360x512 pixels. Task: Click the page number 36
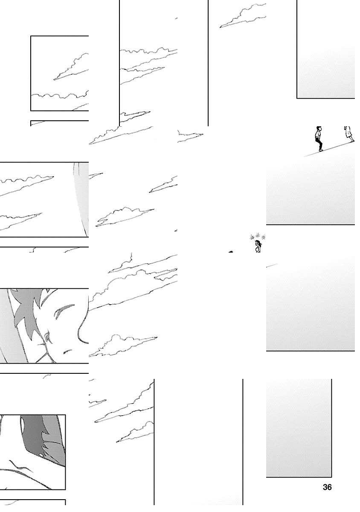coord(327,487)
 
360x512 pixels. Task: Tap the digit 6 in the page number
coord(329,487)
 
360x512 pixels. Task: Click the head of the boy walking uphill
coord(319,129)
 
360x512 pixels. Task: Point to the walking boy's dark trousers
coord(319,143)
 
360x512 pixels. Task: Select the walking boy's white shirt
coord(318,134)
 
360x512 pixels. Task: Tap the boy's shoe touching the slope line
coord(321,150)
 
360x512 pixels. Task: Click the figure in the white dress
coord(349,134)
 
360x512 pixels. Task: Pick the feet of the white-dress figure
coord(352,140)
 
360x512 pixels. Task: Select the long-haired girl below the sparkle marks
coord(258,247)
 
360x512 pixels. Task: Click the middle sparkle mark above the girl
coord(258,236)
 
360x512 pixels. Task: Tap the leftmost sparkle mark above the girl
coord(252,237)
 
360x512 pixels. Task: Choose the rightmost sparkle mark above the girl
coord(263,237)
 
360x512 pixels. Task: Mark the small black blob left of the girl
coord(231,252)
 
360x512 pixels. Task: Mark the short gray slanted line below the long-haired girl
coord(272,265)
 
